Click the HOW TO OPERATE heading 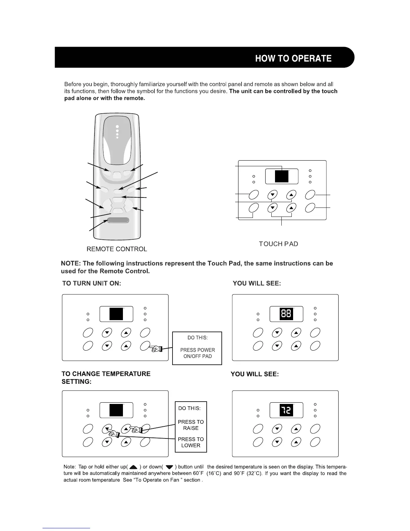[x=293, y=58]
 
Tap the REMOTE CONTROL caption [x=117, y=249]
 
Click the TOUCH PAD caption [x=278, y=244]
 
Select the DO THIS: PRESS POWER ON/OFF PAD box [x=197, y=348]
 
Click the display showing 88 [x=286, y=314]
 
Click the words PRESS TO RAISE [x=191, y=425]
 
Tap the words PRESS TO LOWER [x=191, y=442]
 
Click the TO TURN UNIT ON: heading [x=91, y=283]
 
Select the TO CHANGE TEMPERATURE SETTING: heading [x=106, y=378]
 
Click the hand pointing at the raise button [x=136, y=429]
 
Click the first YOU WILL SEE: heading [x=257, y=283]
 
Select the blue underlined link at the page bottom [x=66, y=528]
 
